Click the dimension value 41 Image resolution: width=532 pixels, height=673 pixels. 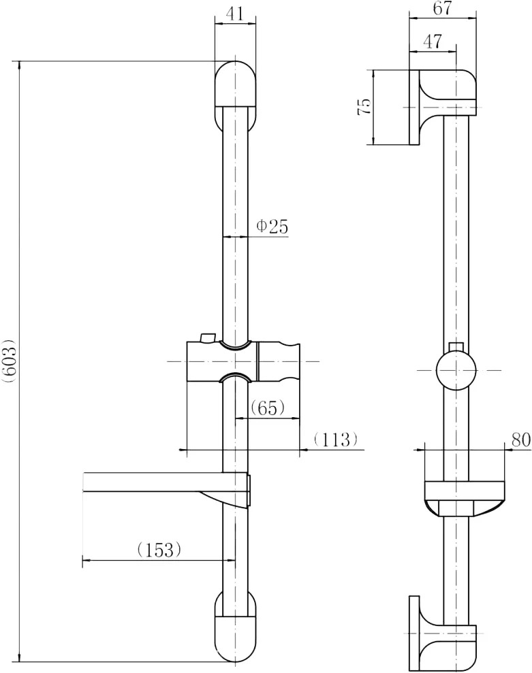pos(234,14)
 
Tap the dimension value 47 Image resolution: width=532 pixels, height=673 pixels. pos(433,42)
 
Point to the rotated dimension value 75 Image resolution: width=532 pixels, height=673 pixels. pos(364,106)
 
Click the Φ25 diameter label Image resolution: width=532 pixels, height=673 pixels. pos(272,226)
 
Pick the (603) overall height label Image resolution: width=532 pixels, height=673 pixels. pos(9,360)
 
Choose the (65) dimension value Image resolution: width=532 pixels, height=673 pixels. pos(267,408)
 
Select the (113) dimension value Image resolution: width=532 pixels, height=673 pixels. pos(335,439)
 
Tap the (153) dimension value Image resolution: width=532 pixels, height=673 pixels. pos(159,549)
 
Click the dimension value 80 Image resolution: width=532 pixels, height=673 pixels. pos(521,440)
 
